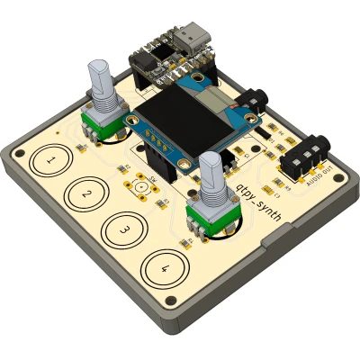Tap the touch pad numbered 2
[x=85, y=193]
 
